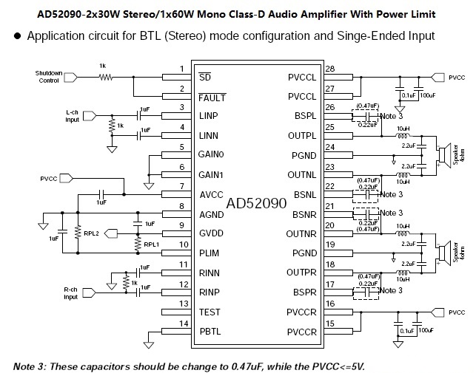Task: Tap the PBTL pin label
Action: (210, 332)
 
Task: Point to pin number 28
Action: (330, 69)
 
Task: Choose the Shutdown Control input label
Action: (50, 76)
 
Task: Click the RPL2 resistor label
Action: (93, 232)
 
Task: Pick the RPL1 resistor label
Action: (152, 244)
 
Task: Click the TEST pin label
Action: (209, 312)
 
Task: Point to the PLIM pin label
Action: (210, 253)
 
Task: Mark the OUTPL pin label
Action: (301, 135)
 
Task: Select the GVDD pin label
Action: (212, 233)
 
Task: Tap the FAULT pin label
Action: (212, 97)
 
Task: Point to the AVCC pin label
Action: (212, 194)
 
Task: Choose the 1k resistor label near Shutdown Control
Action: (101, 66)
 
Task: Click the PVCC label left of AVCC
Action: (51, 178)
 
